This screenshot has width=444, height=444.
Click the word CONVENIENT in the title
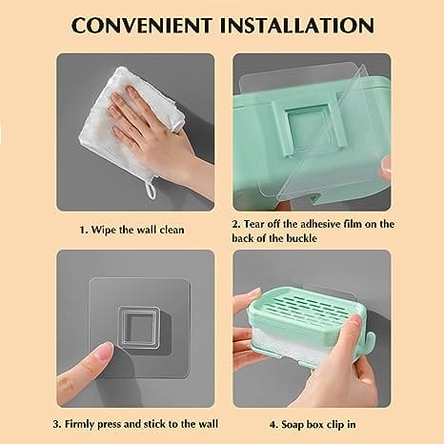pyautogui.click(x=142, y=26)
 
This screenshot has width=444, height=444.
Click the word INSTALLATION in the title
pyautogui.click(x=297, y=26)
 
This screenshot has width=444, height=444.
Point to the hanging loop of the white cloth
pyautogui.click(x=151, y=189)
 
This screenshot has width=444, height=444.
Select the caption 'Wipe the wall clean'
pyautogui.click(x=137, y=230)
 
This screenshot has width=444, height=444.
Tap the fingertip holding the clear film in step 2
pyautogui.click(x=386, y=166)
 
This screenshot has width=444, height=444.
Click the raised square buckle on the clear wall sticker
pyautogui.click(x=139, y=327)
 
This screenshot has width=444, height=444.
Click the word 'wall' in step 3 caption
pyautogui.click(x=209, y=424)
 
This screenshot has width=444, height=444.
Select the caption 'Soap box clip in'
pyautogui.click(x=318, y=425)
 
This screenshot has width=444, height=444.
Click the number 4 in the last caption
pyautogui.click(x=272, y=425)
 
